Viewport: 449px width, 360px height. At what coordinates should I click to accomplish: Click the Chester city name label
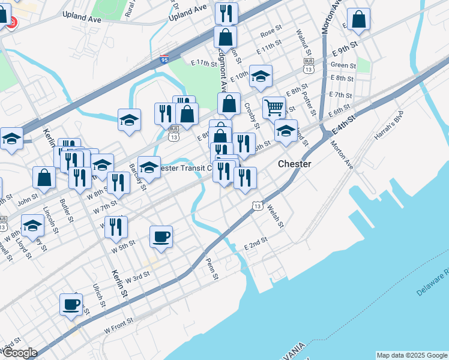tap(294, 164)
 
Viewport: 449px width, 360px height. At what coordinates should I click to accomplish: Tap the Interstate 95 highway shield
tap(164, 60)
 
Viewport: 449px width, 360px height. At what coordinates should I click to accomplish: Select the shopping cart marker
tap(274, 108)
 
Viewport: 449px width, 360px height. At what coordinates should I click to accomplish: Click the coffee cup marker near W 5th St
tap(161, 236)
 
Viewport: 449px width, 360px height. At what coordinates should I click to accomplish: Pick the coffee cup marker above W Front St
tap(71, 304)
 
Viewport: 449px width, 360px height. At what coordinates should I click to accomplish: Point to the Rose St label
tap(271, 30)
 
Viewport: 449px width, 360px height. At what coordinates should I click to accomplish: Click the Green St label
tap(343, 65)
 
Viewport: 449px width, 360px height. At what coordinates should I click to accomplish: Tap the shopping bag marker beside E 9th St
tap(358, 20)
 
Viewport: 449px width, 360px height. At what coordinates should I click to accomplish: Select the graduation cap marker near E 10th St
tap(261, 76)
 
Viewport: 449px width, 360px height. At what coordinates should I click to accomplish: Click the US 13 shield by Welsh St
tap(257, 206)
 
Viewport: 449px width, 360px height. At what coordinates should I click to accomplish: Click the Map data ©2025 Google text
tap(412, 355)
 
